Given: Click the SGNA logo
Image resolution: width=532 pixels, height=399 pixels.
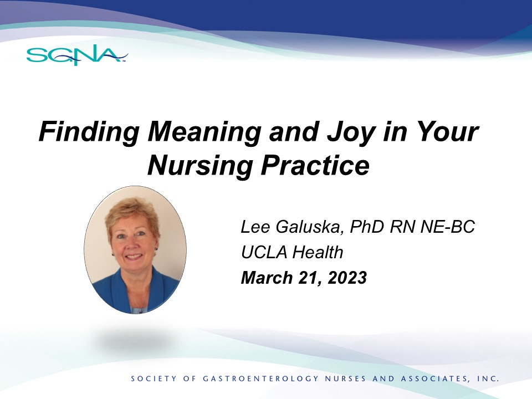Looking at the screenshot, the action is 77,55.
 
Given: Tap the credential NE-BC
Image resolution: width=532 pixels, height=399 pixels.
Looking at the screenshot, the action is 448,226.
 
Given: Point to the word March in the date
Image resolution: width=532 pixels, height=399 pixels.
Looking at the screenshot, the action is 267,277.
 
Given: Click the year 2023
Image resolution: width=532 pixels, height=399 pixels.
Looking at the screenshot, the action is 347,278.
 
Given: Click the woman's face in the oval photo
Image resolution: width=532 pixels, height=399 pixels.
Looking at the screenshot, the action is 133,240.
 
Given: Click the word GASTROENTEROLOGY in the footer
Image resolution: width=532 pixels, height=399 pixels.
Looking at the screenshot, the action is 261,378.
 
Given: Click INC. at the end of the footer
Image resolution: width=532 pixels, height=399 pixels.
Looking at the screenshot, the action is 488,378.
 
